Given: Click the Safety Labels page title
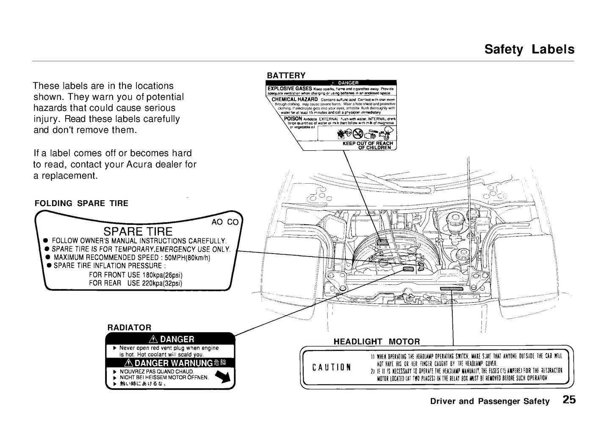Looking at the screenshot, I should pyautogui.click(x=529, y=50).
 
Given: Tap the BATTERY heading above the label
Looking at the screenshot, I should pyautogui.click(x=286, y=75).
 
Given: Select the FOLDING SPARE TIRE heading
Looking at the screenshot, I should pyautogui.click(x=81, y=203).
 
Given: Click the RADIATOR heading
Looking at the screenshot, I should pyautogui.click(x=129, y=327).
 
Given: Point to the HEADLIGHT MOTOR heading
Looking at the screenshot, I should pyautogui.click(x=377, y=341).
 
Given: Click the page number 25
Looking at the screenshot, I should pyautogui.click(x=569, y=400).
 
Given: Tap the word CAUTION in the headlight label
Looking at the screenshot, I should pyautogui.click(x=331, y=367).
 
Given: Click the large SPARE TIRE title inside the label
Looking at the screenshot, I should pyautogui.click(x=138, y=231).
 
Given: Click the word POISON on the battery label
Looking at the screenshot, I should pyautogui.click(x=293, y=119).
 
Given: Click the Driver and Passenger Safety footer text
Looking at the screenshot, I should pyautogui.click(x=490, y=401).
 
